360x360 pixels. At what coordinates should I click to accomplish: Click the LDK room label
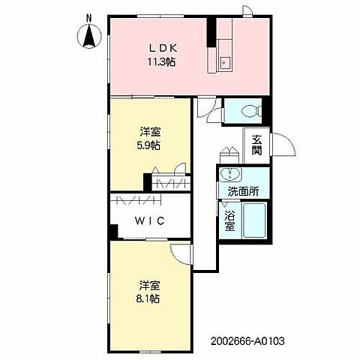click(163, 48)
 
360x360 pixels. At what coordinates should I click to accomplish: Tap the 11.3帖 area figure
click(161, 61)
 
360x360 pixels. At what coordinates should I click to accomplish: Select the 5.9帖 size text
click(148, 145)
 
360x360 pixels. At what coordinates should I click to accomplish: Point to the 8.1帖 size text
click(148, 298)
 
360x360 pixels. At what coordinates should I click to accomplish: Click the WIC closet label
click(150, 220)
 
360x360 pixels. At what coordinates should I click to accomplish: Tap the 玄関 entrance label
click(256, 145)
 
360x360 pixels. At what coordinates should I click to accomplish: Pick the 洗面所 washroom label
click(243, 192)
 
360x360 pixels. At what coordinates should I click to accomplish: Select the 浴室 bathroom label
click(229, 221)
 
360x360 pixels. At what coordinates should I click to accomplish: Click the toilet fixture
click(252, 110)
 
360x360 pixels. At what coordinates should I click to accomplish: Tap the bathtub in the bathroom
click(254, 220)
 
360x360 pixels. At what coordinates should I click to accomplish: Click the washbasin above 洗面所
click(230, 174)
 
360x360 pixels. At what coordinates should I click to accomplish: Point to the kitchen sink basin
click(226, 61)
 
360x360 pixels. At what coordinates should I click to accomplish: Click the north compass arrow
click(89, 36)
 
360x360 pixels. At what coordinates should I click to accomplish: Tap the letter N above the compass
click(89, 18)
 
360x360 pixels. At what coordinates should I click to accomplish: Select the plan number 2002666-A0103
click(247, 340)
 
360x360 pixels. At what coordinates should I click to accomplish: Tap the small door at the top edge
click(248, 11)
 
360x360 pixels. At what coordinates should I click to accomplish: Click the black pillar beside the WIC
click(114, 231)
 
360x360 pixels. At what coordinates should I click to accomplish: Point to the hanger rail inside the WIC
click(139, 199)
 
